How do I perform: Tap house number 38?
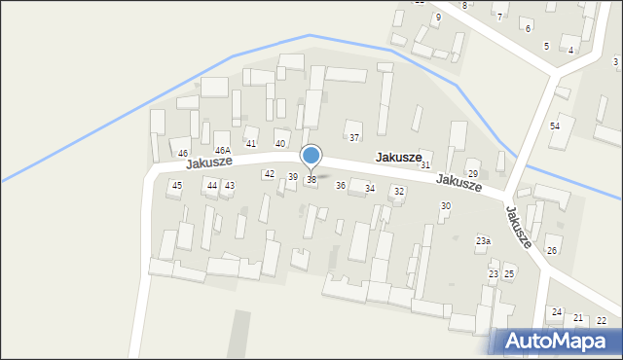[x=311, y=180]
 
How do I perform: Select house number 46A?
[x=223, y=150]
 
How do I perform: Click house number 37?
[x=354, y=138]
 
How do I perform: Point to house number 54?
[x=555, y=126]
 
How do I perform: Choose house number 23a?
[x=483, y=240]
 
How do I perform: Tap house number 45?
[x=176, y=185]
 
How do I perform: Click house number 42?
[x=270, y=173]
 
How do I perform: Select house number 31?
[x=425, y=166]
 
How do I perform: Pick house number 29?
[x=473, y=174]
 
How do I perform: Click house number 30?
[x=446, y=206]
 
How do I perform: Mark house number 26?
[x=552, y=251]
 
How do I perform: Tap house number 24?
[x=557, y=312]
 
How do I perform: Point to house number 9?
[x=438, y=18]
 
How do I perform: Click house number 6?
[x=529, y=29]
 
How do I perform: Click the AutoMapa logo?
[x=558, y=341]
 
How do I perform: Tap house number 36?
[x=341, y=185]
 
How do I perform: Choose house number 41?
[x=251, y=143]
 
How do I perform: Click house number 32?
[x=399, y=192]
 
